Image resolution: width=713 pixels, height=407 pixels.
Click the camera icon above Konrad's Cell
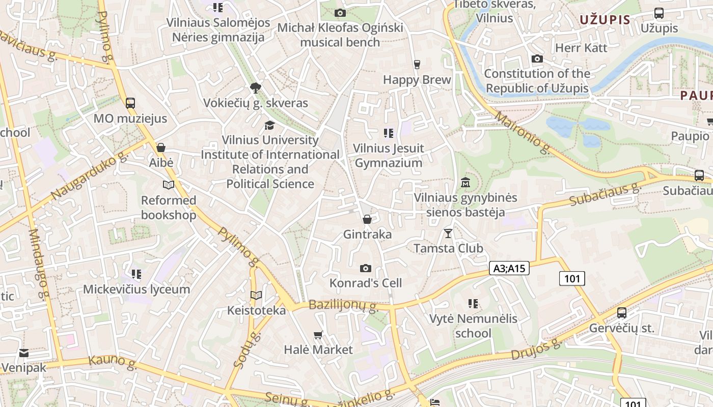point(365,268)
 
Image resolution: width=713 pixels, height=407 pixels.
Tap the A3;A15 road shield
point(509,268)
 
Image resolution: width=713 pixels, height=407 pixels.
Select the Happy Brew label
point(417,80)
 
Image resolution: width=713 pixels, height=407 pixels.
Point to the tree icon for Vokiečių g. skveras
point(255,88)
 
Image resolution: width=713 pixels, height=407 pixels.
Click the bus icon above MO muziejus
point(130,103)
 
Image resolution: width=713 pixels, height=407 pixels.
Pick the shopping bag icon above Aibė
point(161,148)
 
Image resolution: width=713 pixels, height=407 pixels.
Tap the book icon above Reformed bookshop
point(169,185)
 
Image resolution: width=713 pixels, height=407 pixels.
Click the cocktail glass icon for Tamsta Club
point(448,233)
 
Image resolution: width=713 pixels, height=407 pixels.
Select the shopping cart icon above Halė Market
point(318,334)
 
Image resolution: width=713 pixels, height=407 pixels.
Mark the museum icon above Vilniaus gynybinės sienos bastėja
point(465,182)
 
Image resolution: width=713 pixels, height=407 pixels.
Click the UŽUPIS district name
point(605,20)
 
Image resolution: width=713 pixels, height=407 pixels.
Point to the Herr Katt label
point(581,48)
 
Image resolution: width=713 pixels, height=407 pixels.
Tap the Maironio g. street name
point(523,133)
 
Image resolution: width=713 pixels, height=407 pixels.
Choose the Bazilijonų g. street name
point(344,306)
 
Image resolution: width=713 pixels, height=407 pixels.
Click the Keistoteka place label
point(256,310)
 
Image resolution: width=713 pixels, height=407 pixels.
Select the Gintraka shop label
point(367,234)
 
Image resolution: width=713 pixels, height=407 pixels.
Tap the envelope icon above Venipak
point(23,353)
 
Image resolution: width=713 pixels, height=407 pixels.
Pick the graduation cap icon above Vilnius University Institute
point(269,125)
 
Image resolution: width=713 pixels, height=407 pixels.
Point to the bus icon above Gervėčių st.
point(621,313)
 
